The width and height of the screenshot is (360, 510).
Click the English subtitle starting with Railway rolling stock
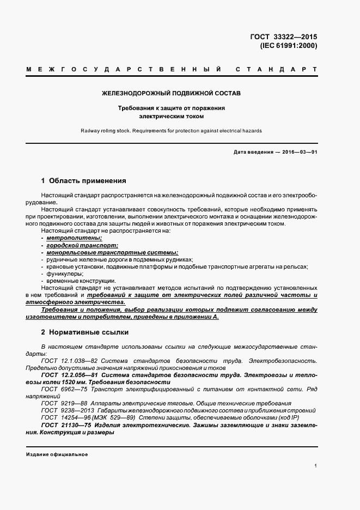coord(171,131)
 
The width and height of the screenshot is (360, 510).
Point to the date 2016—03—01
coord(298,151)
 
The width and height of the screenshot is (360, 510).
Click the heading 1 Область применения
coord(83,180)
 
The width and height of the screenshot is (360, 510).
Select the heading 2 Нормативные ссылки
coord(84,332)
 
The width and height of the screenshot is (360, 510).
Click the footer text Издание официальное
coord(57,454)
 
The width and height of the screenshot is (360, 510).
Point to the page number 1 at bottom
coord(316,466)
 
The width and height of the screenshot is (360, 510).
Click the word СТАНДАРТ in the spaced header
coord(276,70)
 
